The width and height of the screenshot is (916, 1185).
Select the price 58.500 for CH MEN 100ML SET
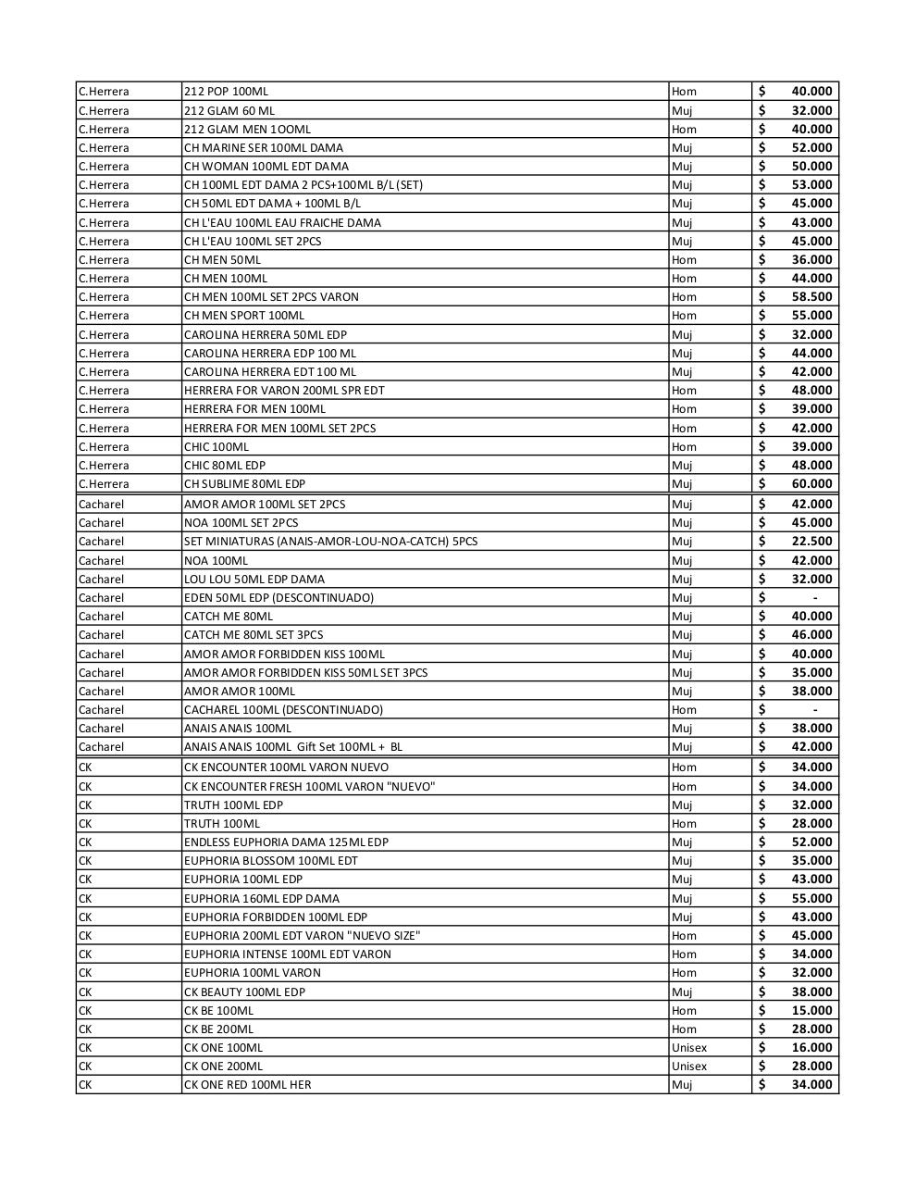point(811,297)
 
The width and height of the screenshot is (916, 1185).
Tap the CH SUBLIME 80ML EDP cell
point(244,484)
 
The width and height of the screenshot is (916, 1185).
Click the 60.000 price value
point(811,484)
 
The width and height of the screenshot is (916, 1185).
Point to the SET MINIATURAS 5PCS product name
point(330,542)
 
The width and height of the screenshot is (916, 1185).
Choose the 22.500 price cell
point(811,542)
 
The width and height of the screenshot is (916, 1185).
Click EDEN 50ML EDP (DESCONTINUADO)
point(279,598)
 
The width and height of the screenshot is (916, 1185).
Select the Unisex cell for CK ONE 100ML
point(688,1048)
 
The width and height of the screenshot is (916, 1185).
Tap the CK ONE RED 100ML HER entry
point(247,1085)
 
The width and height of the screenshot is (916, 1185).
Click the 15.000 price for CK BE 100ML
point(811,1011)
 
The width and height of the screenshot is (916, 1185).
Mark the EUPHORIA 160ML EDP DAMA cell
point(261,899)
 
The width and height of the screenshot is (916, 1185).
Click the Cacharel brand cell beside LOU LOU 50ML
point(101,580)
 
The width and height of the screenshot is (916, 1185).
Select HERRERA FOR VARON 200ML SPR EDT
point(284,391)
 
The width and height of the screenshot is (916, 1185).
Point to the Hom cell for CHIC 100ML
point(684,447)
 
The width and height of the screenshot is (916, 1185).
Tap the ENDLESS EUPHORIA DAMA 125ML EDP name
point(286,842)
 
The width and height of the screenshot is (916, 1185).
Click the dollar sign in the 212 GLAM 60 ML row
point(761,110)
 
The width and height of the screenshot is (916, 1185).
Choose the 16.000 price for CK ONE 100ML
point(811,1048)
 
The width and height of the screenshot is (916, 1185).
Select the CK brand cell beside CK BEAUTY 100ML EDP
point(85,992)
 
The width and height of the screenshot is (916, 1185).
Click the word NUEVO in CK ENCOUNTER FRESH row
point(411,787)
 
